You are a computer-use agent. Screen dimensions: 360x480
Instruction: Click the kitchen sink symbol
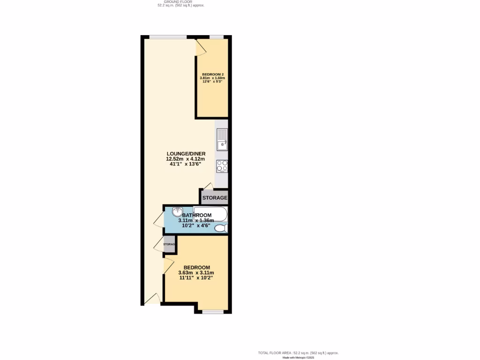[222, 139]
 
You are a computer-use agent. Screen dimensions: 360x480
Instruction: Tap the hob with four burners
[222, 165]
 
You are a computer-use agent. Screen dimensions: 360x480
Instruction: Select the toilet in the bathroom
[221, 228]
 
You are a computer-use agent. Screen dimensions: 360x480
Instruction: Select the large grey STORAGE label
[215, 198]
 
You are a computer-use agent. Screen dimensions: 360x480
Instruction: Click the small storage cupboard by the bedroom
[169, 244]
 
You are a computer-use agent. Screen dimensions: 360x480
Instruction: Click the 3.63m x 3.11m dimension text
[196, 272]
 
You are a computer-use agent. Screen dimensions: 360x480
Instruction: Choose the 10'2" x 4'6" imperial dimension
[196, 225]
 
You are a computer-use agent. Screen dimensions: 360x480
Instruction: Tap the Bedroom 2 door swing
[202, 47]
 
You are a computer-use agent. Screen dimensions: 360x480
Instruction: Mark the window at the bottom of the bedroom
[212, 311]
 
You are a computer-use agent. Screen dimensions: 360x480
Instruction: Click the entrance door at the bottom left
[152, 299]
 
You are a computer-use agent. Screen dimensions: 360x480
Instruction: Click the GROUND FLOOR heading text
[181, 2]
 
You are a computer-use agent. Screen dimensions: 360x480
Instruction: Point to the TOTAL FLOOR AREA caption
[298, 353]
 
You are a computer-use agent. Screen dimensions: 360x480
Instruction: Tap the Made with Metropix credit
[298, 358]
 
